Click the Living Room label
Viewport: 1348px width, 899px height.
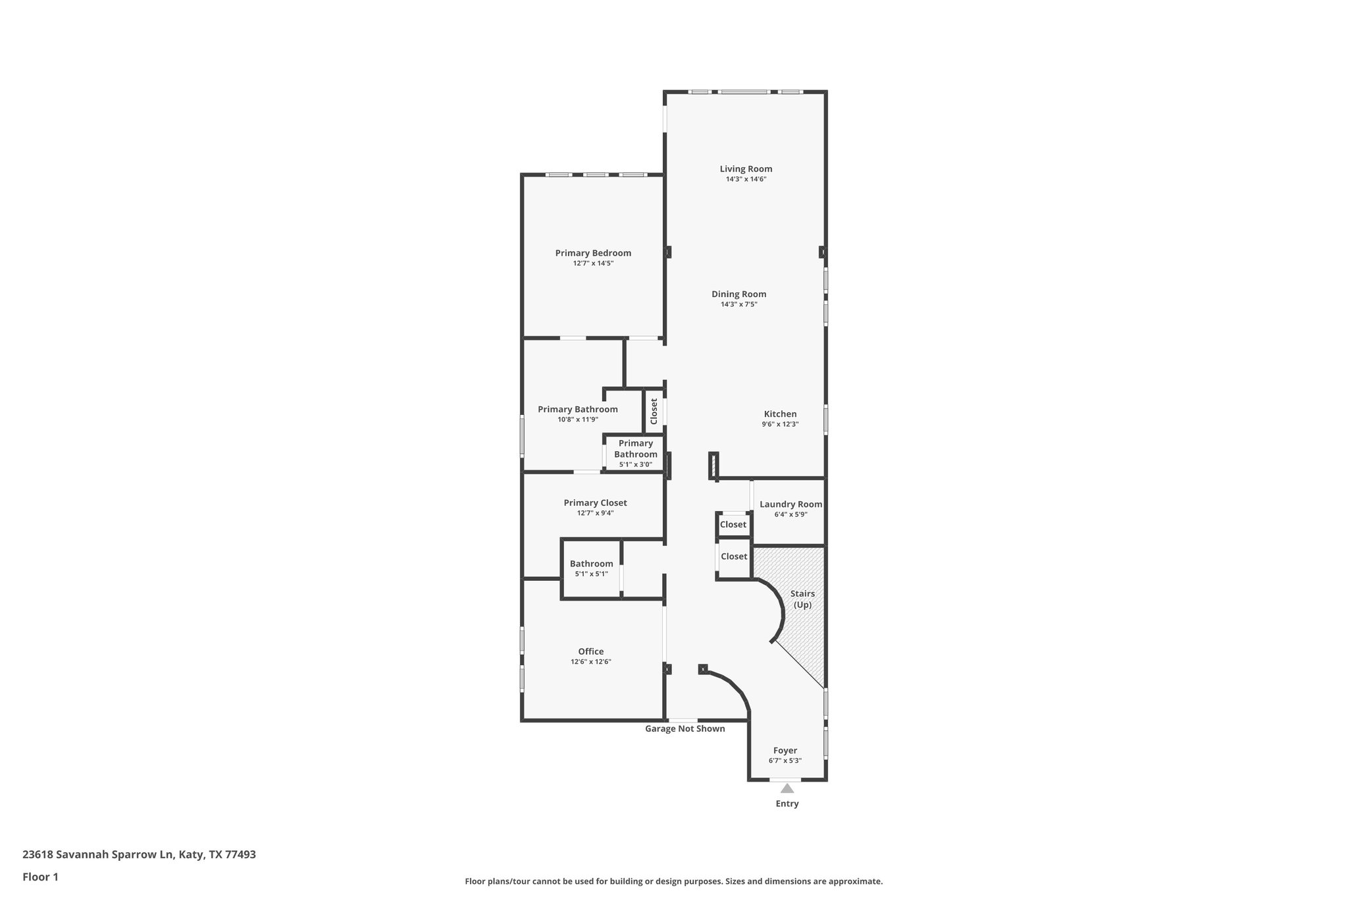[x=746, y=169]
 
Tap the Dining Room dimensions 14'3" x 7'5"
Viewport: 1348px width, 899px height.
[x=739, y=304]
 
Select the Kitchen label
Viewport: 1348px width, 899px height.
[x=780, y=414]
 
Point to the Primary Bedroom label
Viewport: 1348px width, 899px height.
[x=593, y=253]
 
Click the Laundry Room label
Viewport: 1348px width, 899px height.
[x=791, y=504]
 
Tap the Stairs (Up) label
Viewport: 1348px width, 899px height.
[x=802, y=599]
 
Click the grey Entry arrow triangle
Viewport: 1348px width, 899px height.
[x=787, y=788]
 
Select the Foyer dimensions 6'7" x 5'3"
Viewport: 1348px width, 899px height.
[x=785, y=761]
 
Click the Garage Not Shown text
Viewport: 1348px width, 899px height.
[x=685, y=728]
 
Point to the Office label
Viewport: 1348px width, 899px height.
[x=591, y=651]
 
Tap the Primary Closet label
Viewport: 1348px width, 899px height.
[x=595, y=503]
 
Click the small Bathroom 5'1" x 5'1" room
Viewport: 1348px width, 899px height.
[x=591, y=568]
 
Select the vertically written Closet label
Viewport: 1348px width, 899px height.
[x=654, y=412]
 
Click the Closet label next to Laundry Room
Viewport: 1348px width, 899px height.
[x=733, y=525]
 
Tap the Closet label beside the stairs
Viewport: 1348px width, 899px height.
[x=734, y=557]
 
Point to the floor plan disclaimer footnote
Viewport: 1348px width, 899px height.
[x=673, y=881]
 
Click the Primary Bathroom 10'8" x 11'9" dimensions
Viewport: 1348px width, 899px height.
[x=577, y=420]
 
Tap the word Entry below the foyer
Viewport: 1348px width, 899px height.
[x=787, y=804]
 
